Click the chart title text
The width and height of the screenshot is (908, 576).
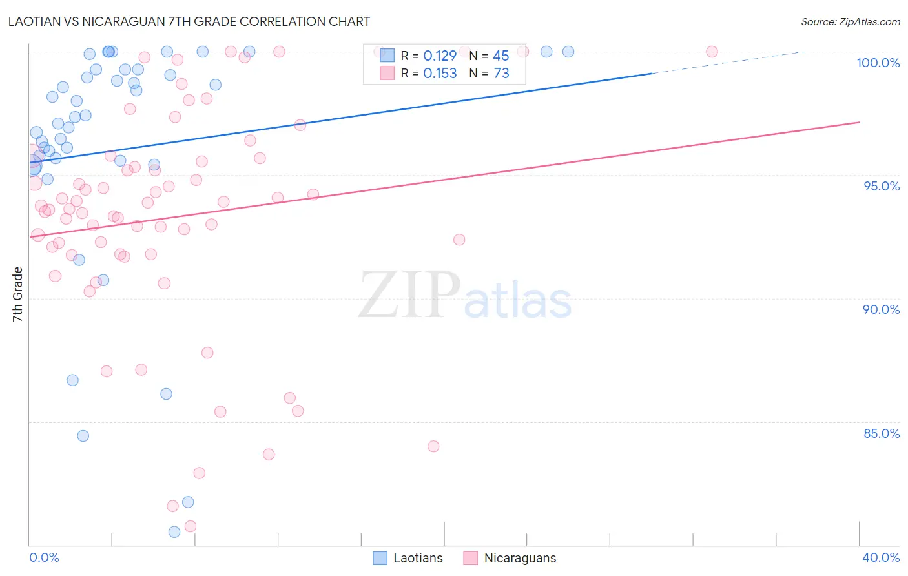point(189,21)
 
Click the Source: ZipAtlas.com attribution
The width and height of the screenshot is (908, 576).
point(850,21)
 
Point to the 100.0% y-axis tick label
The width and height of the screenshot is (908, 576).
point(878,63)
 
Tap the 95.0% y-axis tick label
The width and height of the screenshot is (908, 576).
point(882,186)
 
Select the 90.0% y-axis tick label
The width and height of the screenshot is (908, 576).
point(881,309)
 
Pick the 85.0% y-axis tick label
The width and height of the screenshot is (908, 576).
point(882,433)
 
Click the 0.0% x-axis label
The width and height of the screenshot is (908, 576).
point(44,557)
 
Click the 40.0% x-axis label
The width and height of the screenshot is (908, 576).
point(880,557)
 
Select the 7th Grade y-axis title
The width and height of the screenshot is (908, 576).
point(17,294)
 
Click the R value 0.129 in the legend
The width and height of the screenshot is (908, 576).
point(440,56)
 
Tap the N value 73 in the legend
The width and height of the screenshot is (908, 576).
point(501,74)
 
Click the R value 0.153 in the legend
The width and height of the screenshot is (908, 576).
point(440,74)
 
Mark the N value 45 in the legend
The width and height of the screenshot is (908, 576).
point(501,56)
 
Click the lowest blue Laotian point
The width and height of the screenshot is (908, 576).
point(174,532)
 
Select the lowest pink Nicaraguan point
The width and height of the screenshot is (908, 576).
point(191,526)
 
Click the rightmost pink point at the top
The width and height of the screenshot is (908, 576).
point(712,52)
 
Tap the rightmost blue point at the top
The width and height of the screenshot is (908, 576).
point(568,52)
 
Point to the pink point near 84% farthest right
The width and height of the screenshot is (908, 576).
point(433,446)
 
